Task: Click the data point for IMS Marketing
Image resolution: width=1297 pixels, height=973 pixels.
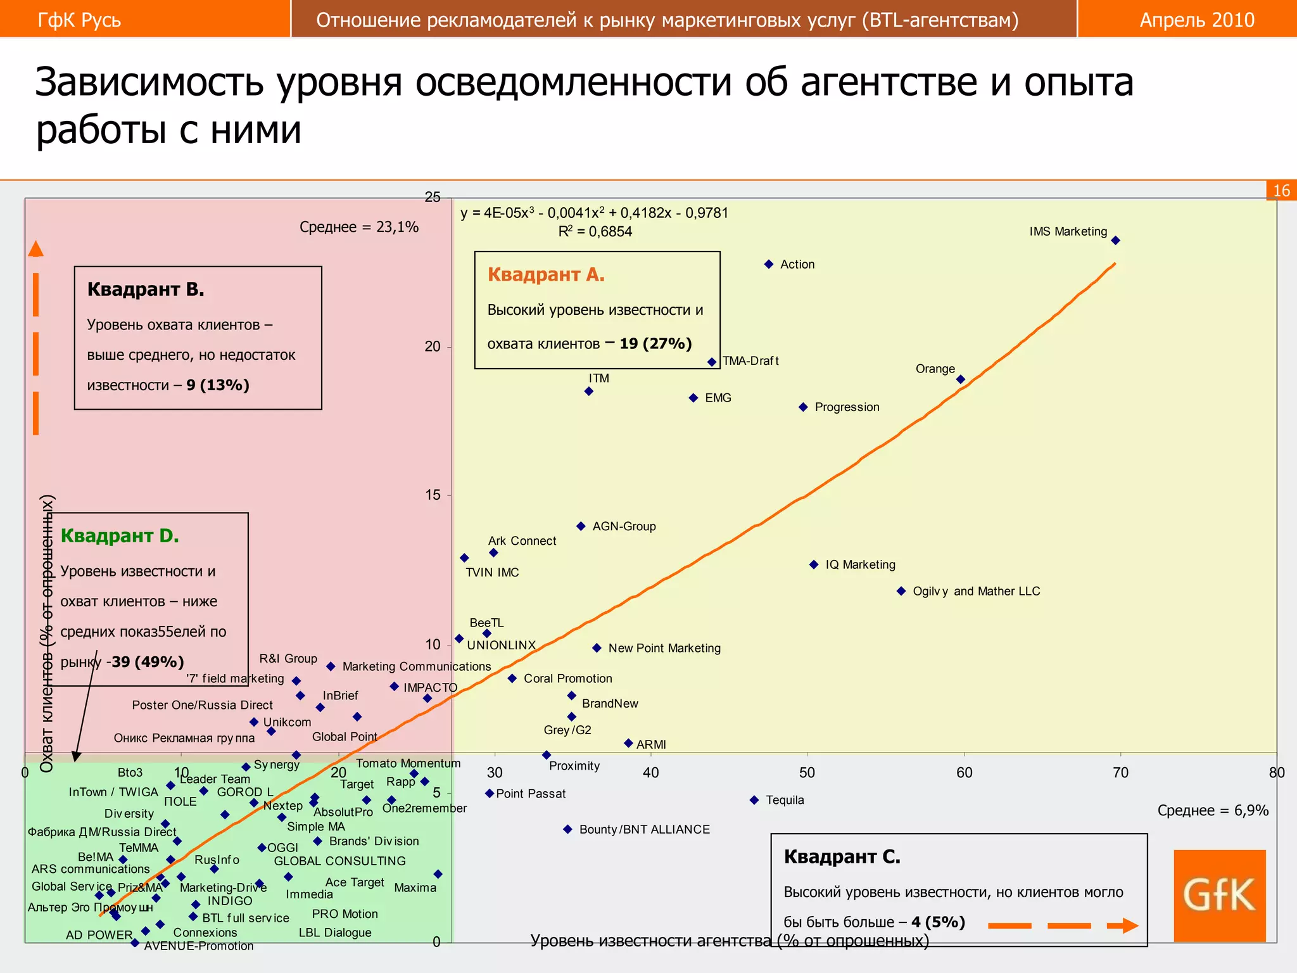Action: point(1116,240)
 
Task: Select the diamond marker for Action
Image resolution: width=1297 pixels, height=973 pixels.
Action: point(769,264)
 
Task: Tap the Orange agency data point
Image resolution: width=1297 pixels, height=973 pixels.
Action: point(961,379)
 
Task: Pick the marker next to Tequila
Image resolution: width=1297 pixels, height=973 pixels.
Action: point(754,800)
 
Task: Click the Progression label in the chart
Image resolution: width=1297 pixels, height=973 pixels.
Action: point(847,407)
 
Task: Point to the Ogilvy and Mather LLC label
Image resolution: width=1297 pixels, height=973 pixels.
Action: point(976,591)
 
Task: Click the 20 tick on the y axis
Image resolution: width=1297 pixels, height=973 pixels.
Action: point(433,347)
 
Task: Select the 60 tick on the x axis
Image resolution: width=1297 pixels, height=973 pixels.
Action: point(964,772)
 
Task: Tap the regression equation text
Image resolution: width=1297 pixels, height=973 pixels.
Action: point(594,213)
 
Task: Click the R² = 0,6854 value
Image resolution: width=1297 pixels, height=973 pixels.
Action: point(595,232)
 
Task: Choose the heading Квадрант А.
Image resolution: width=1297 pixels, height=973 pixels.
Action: point(546,275)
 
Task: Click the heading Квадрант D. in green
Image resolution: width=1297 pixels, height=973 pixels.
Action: point(120,536)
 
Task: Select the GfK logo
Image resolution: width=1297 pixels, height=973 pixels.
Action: point(1219,895)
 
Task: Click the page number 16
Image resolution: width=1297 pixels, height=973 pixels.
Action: point(1281,191)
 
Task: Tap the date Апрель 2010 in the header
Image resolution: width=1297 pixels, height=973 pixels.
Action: point(1197,20)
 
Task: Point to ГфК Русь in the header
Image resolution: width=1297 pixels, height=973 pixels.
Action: point(79,20)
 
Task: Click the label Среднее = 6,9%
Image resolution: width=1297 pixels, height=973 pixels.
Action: point(1213,810)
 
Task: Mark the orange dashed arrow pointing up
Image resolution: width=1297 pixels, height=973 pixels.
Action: point(36,339)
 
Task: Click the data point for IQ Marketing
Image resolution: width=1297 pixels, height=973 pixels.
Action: point(814,564)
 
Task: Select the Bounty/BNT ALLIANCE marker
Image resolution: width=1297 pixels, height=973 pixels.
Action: point(567,829)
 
